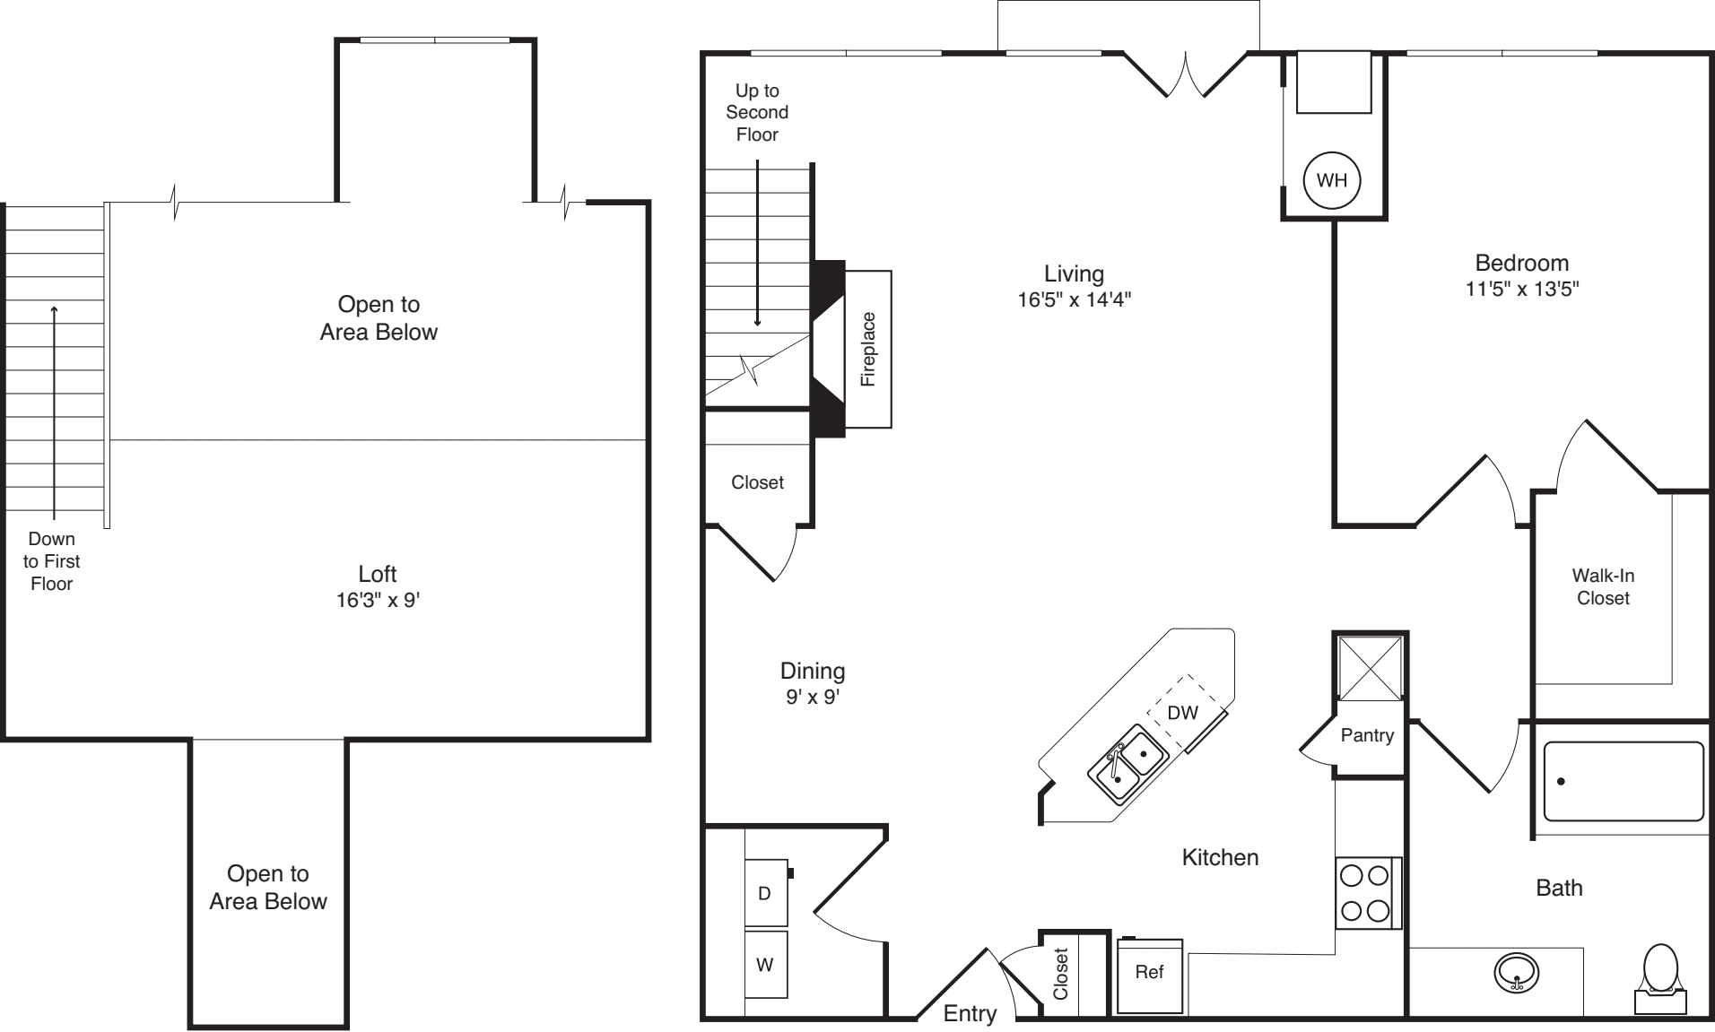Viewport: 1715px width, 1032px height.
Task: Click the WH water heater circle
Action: click(x=1331, y=180)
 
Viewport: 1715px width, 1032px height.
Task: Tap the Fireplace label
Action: click(x=867, y=349)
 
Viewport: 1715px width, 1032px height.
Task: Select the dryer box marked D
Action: click(x=765, y=893)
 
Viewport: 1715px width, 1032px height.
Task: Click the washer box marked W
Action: click(x=765, y=965)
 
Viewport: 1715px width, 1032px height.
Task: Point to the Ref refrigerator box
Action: click(x=1149, y=973)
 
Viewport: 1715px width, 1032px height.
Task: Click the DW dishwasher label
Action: click(x=1182, y=713)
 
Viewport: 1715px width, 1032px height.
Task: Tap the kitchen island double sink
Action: click(x=1127, y=767)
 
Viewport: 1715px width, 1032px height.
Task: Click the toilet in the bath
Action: click(x=1660, y=977)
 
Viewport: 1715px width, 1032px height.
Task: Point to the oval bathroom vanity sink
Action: click(x=1517, y=973)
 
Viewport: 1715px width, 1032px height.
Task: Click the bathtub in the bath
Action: click(x=1623, y=782)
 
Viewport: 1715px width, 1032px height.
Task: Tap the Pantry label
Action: click(x=1367, y=735)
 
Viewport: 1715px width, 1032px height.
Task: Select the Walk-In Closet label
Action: click(x=1602, y=586)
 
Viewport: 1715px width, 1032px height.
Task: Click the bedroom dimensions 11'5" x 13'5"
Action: click(x=1521, y=289)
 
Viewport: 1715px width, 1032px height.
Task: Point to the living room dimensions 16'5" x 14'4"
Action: click(x=1074, y=299)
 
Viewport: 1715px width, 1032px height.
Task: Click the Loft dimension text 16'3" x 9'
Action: click(x=378, y=600)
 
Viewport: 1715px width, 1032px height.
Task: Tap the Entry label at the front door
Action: click(x=970, y=1013)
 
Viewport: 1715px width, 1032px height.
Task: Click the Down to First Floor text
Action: click(x=51, y=561)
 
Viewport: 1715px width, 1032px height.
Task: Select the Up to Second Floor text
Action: click(x=757, y=112)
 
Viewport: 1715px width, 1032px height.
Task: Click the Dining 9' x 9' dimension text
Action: click(x=812, y=697)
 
